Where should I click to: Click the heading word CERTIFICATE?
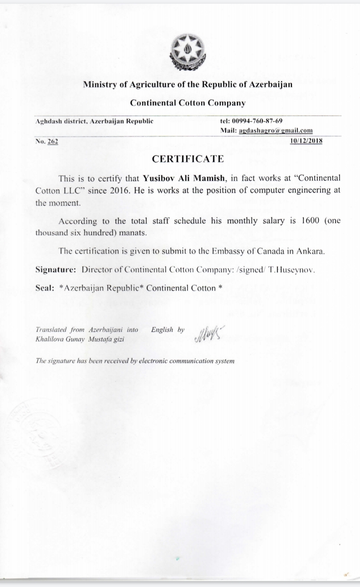[x=188, y=159]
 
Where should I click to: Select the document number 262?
[x=53, y=141]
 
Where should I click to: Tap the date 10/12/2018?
[x=306, y=141]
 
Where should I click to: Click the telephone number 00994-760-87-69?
[x=257, y=121]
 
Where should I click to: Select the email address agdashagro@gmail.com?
[x=276, y=130]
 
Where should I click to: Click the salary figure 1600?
[x=310, y=221]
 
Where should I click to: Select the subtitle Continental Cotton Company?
[x=188, y=103]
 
